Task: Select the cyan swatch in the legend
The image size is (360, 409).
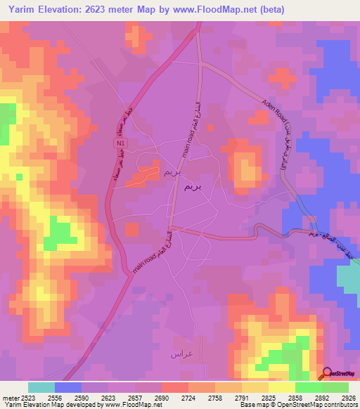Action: pyautogui.click(x=41, y=387)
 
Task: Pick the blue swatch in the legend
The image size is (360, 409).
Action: pyautogui.click(x=67, y=387)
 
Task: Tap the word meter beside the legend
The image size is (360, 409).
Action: pyautogui.click(x=11, y=398)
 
